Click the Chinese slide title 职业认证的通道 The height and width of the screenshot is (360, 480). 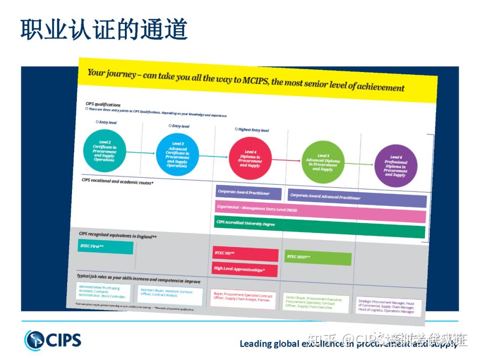pyautogui.click(x=104, y=29)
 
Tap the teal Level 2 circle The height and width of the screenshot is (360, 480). pyautogui.click(x=104, y=151)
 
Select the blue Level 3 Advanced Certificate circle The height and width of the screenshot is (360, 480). pyautogui.click(x=177, y=155)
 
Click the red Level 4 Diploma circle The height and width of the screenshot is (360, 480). pyautogui.click(x=250, y=158)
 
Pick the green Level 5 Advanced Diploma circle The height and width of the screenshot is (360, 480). pyautogui.click(x=323, y=163)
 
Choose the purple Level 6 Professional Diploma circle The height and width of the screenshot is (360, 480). pyautogui.click(x=396, y=166)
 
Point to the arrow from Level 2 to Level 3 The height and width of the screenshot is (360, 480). pyautogui.click(x=141, y=153)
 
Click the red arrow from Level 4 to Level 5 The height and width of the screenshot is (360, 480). pyautogui.click(x=286, y=160)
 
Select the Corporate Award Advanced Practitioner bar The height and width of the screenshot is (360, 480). pyautogui.click(x=357, y=198)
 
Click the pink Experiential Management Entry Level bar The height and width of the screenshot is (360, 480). pyautogui.click(x=320, y=211)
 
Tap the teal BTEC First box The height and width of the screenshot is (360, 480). pyautogui.click(x=105, y=247)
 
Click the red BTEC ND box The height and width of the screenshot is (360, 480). pyautogui.click(x=245, y=254)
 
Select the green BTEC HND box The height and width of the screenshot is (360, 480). pyautogui.click(x=318, y=258)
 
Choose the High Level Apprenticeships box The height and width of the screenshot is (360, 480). pyautogui.click(x=245, y=269)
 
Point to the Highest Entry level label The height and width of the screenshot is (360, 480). pyautogui.click(x=252, y=130)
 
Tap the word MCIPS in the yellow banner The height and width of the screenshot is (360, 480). pyautogui.click(x=254, y=80)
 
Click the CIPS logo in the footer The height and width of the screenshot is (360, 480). pyautogui.click(x=53, y=340)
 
